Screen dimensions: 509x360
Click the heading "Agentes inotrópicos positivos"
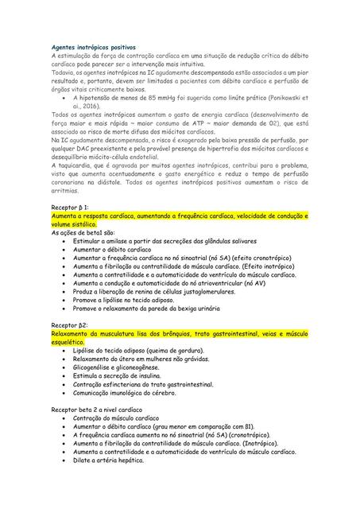point(92,48)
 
